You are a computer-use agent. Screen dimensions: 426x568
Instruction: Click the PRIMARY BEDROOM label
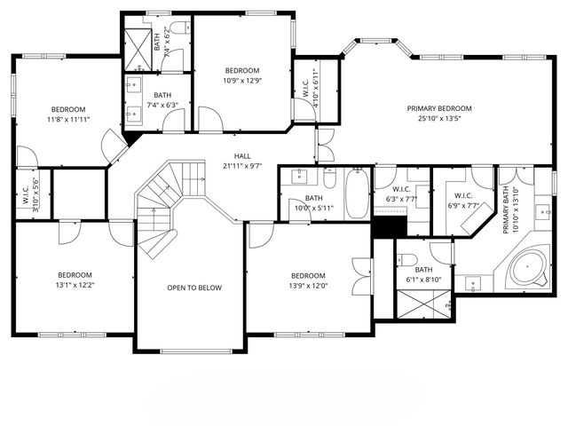pyautogui.click(x=439, y=108)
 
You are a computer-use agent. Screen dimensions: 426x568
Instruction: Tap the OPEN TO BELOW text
pyautogui.click(x=194, y=288)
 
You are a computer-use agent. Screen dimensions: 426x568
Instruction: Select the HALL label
pyautogui.click(x=241, y=155)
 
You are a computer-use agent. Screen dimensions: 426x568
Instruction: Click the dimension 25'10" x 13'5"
pyautogui.click(x=439, y=118)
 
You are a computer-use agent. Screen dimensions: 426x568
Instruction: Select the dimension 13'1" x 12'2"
pyautogui.click(x=75, y=286)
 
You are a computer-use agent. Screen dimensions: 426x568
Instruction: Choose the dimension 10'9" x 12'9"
pyautogui.click(x=241, y=81)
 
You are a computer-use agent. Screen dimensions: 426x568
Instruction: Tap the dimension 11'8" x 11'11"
pyautogui.click(x=67, y=119)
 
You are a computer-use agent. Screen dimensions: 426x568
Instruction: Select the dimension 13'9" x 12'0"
pyautogui.click(x=307, y=286)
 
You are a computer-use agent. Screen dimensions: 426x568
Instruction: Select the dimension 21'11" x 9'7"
pyautogui.click(x=241, y=165)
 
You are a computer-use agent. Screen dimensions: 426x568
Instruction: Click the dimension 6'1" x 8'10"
pyautogui.click(x=423, y=280)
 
